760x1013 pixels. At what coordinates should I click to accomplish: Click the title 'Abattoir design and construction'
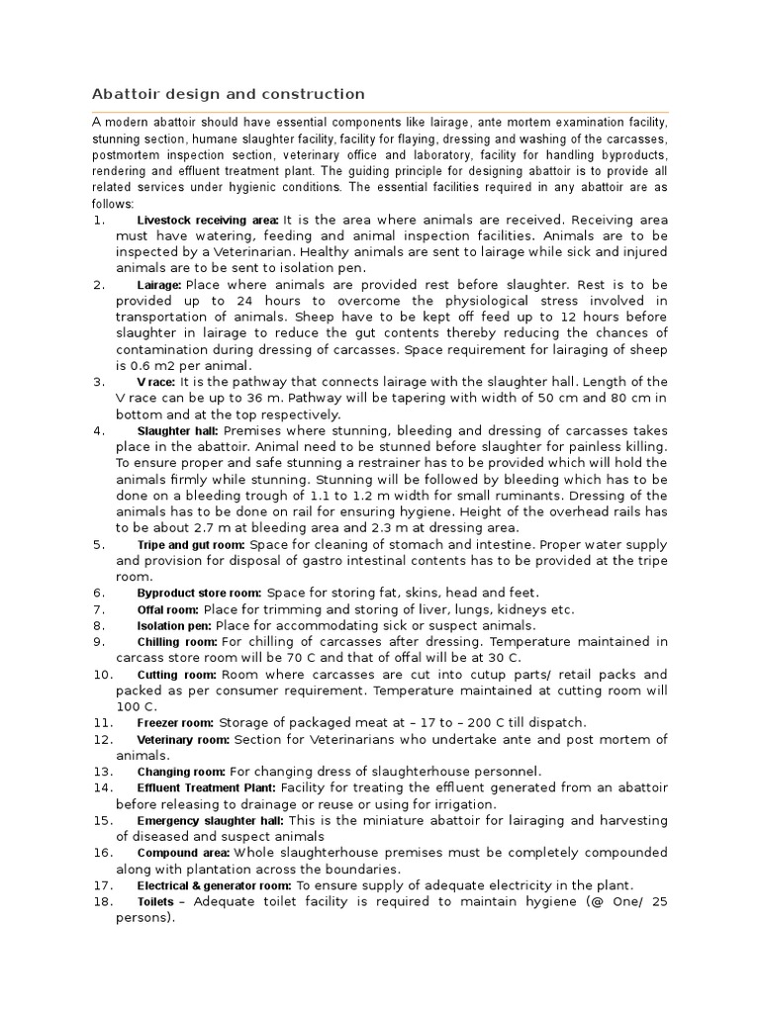pos(229,94)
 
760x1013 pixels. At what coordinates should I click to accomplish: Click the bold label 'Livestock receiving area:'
pos(208,220)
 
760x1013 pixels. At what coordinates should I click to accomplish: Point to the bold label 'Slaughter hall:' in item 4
pos(178,431)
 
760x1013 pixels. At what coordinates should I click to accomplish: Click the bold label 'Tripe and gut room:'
pos(191,545)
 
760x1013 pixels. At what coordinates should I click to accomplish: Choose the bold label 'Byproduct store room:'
pos(198,593)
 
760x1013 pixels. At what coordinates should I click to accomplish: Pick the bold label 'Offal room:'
pos(167,609)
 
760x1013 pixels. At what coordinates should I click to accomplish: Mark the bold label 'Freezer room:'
pos(175,723)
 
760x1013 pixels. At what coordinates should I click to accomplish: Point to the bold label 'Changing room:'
pos(181,772)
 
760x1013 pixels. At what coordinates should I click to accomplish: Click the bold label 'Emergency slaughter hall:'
pos(211,821)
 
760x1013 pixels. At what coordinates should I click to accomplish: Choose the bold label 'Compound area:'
pos(183,853)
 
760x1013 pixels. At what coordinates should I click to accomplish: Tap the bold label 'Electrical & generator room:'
pos(214,885)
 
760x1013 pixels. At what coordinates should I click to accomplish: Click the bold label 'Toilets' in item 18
pos(155,902)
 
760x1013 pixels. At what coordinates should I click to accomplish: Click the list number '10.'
pos(102,675)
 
